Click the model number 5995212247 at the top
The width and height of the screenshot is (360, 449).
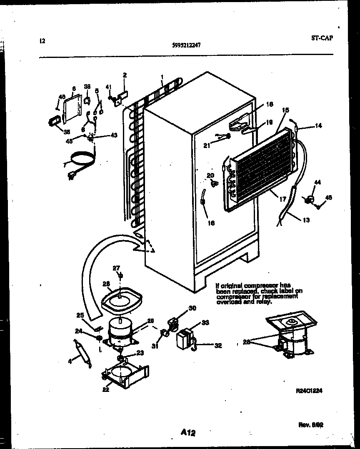pos(186,46)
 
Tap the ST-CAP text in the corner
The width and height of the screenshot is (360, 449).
pos(322,38)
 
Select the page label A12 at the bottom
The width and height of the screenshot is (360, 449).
pos(188,433)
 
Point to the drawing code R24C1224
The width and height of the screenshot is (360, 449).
pos(309,391)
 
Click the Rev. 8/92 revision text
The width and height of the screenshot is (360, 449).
pos(311,425)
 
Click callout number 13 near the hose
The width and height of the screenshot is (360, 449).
pos(306,220)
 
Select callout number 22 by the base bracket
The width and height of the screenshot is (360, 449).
pos(106,389)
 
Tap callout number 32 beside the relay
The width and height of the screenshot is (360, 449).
pos(218,345)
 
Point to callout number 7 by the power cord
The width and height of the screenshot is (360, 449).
pos(64,165)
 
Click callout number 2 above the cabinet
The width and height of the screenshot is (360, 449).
pos(125,75)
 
